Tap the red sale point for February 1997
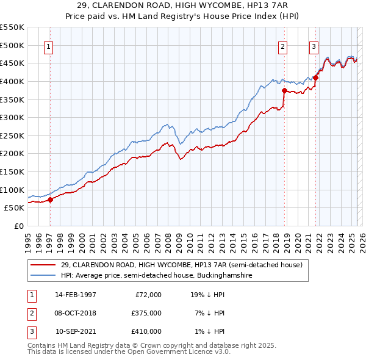51,199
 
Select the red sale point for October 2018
285,90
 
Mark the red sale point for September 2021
316,77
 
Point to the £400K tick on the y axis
12,81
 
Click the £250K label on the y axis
12,135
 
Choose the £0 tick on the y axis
18,226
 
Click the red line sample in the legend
43,265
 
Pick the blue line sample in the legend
43,276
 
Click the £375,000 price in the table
146,313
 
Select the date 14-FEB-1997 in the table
76,295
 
